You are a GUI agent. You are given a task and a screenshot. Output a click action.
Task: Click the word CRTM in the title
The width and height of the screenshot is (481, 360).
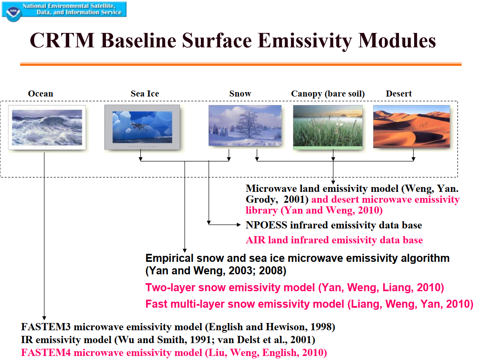point(62,41)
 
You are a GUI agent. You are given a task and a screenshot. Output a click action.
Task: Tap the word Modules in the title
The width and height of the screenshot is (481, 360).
point(397,41)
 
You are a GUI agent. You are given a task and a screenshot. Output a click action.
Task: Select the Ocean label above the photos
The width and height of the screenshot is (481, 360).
point(41,94)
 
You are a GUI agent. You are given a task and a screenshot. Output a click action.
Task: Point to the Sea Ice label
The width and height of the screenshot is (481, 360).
point(145,94)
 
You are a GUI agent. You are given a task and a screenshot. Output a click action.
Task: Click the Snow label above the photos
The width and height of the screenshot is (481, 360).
point(240,94)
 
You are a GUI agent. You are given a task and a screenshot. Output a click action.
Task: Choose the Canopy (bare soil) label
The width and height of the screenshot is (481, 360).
point(328,94)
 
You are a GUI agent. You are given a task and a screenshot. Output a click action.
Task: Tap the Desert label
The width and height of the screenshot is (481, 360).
point(399,94)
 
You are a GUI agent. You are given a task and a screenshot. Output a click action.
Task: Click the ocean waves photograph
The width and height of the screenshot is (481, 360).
point(47,128)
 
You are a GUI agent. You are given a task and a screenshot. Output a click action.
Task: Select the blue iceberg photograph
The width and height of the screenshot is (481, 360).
point(142,127)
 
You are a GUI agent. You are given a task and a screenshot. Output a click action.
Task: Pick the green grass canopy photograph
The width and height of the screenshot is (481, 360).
point(328,127)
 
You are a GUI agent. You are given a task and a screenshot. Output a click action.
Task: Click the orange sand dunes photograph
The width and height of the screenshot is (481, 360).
point(412,127)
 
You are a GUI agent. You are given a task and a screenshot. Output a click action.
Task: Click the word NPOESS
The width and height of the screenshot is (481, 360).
point(266,225)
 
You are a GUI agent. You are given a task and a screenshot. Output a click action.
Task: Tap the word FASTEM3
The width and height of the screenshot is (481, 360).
point(46,327)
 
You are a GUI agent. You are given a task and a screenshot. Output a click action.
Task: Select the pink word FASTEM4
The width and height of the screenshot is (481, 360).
point(46,353)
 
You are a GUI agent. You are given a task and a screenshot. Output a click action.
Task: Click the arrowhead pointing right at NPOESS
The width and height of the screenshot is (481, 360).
point(239,225)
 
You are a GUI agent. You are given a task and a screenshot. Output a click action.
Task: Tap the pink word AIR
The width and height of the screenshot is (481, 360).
point(256,240)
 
